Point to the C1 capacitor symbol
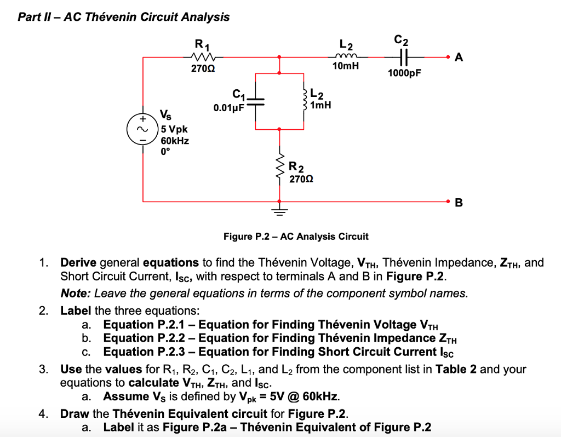click(256, 102)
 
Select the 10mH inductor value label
click(346, 66)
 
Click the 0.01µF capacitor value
click(228, 108)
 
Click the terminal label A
click(459, 58)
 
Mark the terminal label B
click(459, 203)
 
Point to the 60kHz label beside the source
click(175, 141)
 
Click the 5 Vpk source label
click(174, 129)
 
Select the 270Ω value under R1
click(202, 70)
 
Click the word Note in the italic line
click(73, 293)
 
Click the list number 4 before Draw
click(43, 413)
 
